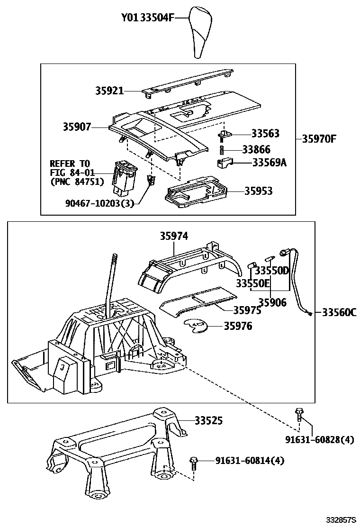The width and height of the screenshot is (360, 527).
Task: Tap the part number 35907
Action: pyautogui.click(x=77, y=127)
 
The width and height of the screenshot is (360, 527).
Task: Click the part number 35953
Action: pyautogui.click(x=258, y=191)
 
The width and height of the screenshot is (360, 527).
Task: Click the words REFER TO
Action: pyautogui.click(x=70, y=164)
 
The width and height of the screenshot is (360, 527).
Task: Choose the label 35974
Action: pyautogui.click(x=174, y=236)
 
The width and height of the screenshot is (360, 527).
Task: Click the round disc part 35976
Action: pyautogui.click(x=195, y=326)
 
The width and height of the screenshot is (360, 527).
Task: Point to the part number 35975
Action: pyautogui.click(x=247, y=310)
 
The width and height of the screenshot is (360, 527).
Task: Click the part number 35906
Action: pyautogui.click(x=272, y=302)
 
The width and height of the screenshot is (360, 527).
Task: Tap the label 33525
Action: pyautogui.click(x=208, y=420)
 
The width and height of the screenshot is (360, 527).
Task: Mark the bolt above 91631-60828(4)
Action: pyautogui.click(x=298, y=414)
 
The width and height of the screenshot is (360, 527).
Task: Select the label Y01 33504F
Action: pyautogui.click(x=148, y=18)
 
